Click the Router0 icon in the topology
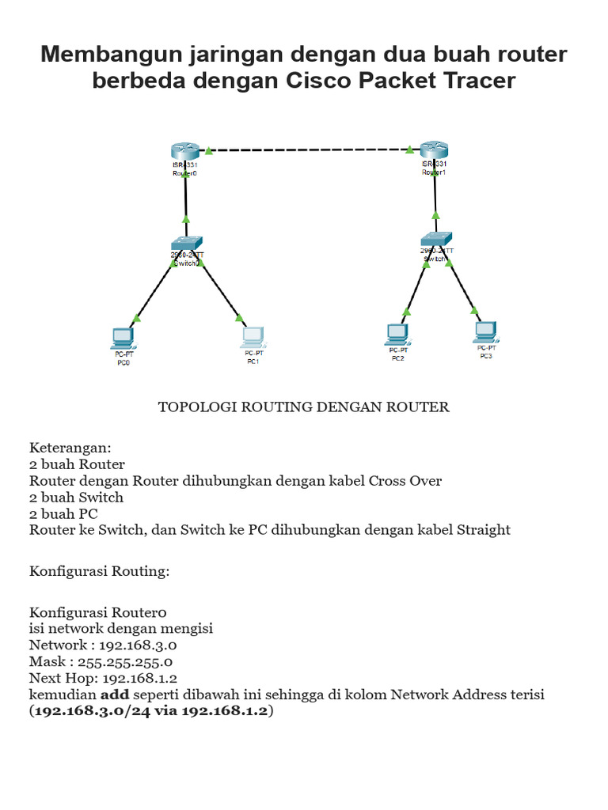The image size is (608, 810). [x=186, y=151]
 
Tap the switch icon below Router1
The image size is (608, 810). [x=436, y=239]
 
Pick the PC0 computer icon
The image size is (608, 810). [x=123, y=339]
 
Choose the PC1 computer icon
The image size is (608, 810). [x=253, y=339]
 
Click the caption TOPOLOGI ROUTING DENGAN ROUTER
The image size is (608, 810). [x=304, y=407]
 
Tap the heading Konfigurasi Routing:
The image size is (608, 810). [x=100, y=571]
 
